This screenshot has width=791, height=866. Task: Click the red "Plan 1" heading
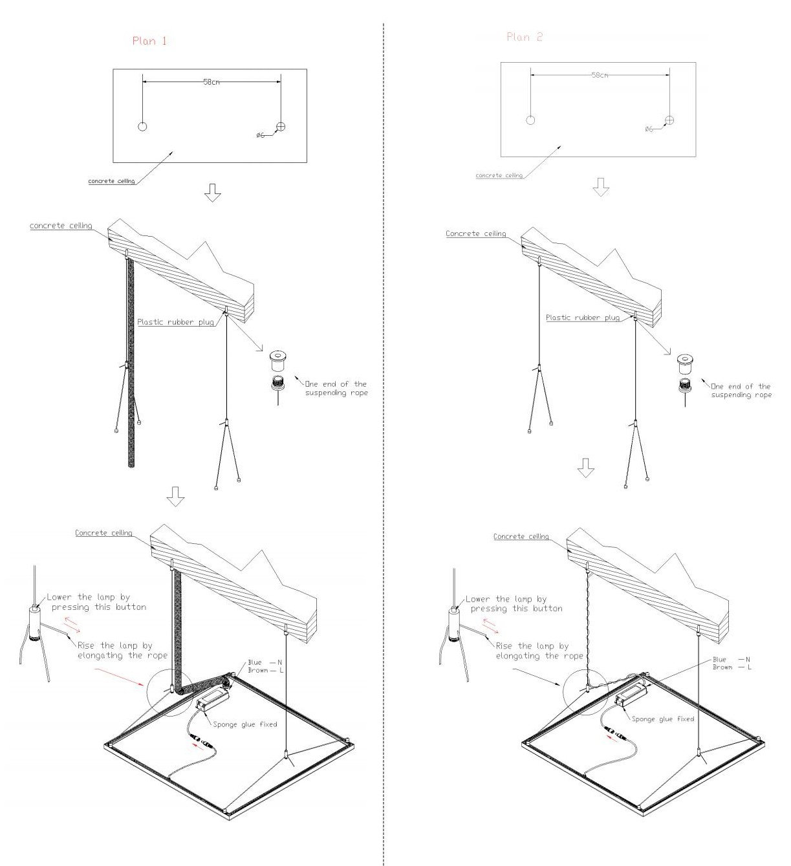(149, 41)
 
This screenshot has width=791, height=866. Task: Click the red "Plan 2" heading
(524, 37)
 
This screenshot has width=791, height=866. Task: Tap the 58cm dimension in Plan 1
(211, 82)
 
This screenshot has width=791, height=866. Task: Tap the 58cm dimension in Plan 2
(600, 75)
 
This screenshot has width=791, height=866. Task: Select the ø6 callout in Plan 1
(261, 135)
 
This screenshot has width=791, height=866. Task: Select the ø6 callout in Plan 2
(649, 129)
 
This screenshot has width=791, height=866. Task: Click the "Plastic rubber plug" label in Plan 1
(175, 322)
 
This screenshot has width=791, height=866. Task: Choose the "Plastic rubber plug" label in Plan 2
(583, 318)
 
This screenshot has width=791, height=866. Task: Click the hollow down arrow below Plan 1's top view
(212, 193)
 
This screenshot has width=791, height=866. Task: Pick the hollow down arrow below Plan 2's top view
(601, 187)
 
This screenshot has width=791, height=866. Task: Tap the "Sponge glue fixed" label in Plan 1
(245, 724)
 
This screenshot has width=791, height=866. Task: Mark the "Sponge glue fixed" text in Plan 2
(663, 719)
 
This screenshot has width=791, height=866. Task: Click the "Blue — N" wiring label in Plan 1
(265, 662)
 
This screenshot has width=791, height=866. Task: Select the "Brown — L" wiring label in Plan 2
(732, 667)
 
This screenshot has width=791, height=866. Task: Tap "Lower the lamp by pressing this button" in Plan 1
(96, 601)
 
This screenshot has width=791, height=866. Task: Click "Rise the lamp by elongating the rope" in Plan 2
(539, 651)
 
